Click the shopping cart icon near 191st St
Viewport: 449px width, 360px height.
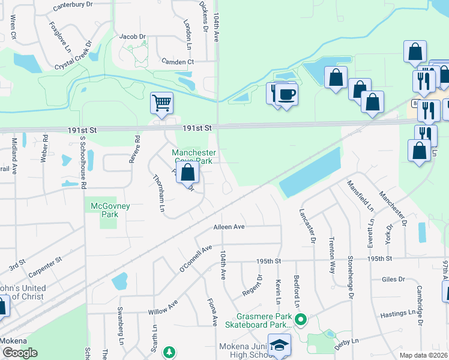[161, 103]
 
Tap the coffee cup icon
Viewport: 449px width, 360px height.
[286, 94]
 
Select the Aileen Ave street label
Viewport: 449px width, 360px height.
[229, 227]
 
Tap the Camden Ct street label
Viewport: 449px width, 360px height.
[178, 61]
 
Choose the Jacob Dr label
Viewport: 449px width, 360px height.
[133, 37]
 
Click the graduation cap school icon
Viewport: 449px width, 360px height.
[279, 346]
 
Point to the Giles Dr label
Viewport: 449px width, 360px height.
[393, 279]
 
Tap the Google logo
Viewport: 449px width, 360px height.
[20, 353]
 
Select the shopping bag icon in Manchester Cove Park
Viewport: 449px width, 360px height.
[188, 173]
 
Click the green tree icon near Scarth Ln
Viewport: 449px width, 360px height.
[170, 351]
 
